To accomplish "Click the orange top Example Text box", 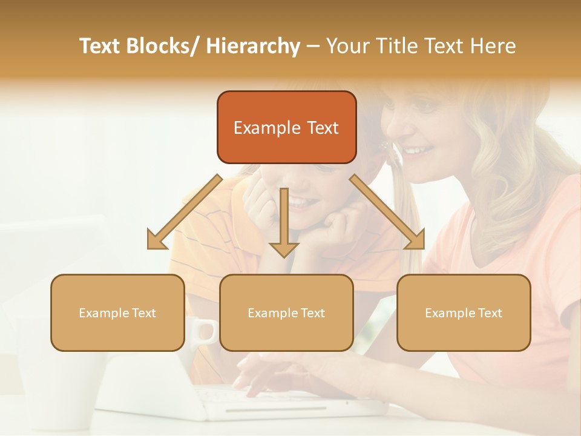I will tap(286, 127).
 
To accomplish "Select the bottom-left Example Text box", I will tap(117, 312).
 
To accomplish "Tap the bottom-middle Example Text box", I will tap(286, 312).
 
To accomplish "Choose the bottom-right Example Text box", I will tap(464, 312).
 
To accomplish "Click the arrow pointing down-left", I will tap(182, 215).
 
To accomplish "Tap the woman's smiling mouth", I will tap(419, 150).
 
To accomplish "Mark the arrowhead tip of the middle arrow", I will tap(284, 257).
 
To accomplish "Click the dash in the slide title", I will tap(313, 47).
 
